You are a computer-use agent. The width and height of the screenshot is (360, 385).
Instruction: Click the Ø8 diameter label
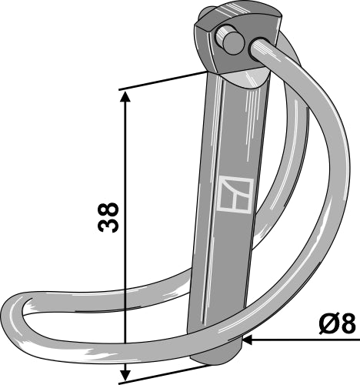(335, 324)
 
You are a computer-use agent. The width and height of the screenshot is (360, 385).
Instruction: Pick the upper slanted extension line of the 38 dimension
(165, 80)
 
